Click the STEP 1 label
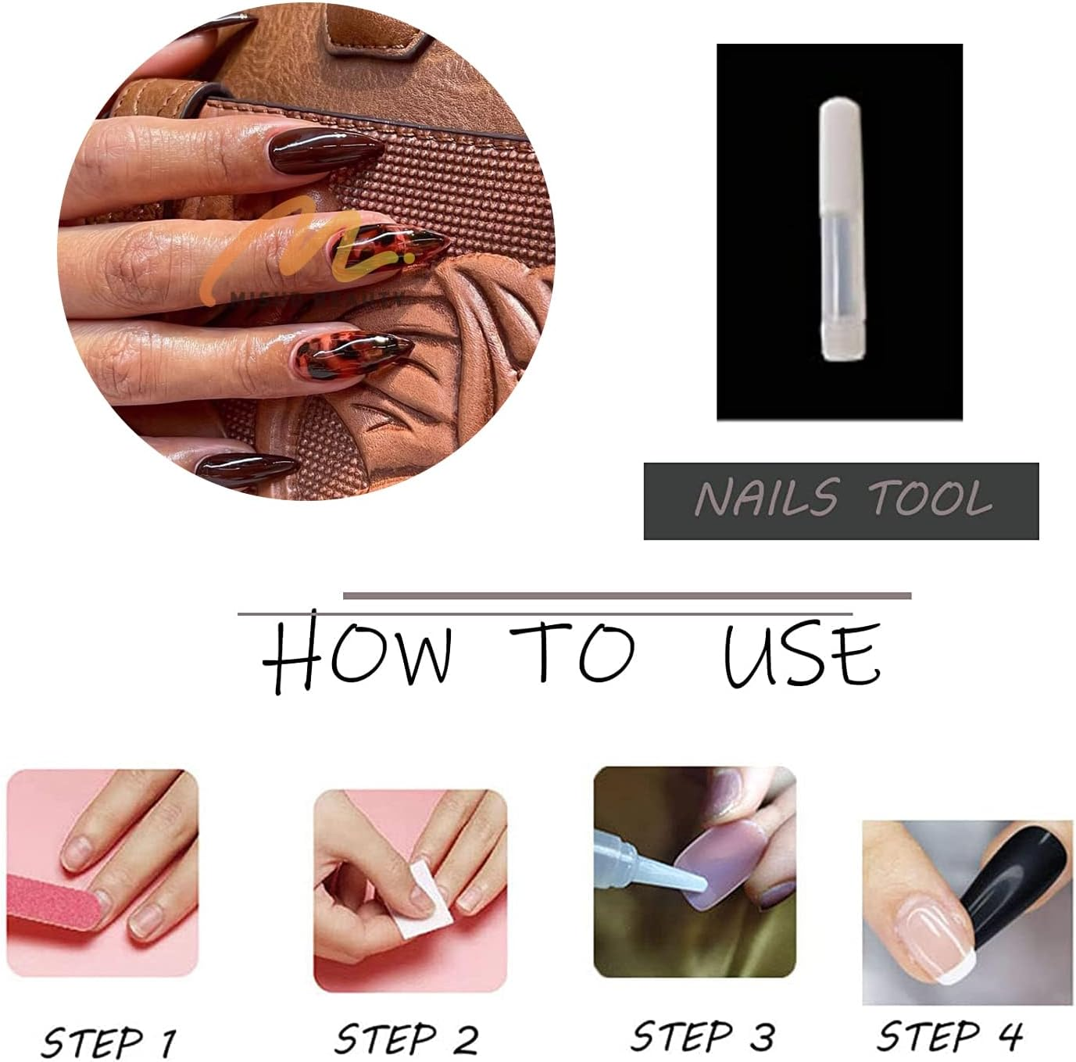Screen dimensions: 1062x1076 (108, 1040)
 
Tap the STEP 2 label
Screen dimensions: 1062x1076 (406, 1039)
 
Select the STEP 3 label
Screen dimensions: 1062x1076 (702, 1036)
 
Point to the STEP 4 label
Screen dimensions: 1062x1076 (949, 1036)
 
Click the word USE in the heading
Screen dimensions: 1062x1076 (802, 655)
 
